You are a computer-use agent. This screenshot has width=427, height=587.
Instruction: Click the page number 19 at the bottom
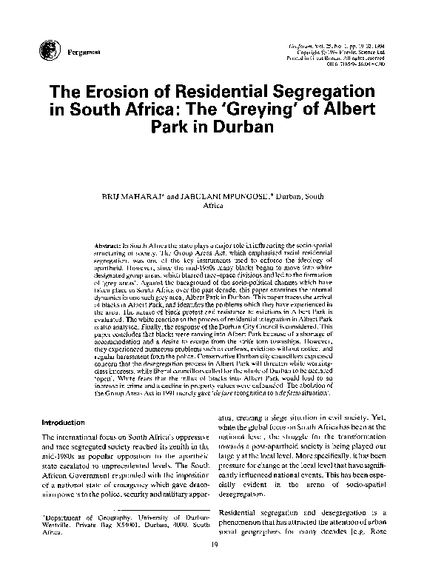coord(213,544)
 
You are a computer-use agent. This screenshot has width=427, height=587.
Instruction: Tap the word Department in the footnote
coord(66,516)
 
